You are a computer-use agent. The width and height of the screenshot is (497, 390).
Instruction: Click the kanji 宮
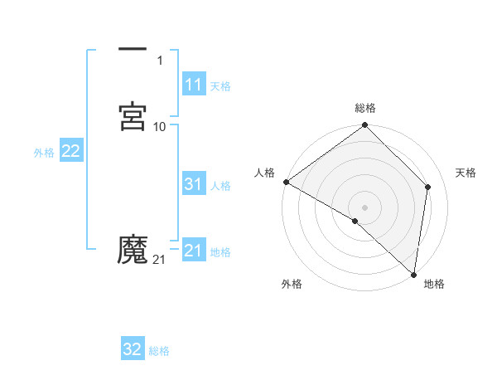[x=133, y=116]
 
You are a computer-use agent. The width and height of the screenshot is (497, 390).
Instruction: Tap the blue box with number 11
[x=193, y=85]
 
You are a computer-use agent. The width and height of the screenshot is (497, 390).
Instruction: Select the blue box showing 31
[x=193, y=184]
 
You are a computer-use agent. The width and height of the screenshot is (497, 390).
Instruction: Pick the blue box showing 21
[x=193, y=251]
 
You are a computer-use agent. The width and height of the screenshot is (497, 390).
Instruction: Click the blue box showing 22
[x=70, y=151]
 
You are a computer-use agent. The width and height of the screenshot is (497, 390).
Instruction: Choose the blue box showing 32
[x=133, y=349]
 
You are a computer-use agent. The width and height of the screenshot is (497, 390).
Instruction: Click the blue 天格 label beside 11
[x=220, y=86]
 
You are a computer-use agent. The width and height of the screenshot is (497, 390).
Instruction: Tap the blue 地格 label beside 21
[x=220, y=252]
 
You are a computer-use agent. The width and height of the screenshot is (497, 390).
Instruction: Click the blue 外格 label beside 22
[x=44, y=153]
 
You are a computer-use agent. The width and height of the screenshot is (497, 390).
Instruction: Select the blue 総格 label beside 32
[x=159, y=351]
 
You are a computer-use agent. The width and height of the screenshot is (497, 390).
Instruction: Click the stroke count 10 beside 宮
[x=160, y=126]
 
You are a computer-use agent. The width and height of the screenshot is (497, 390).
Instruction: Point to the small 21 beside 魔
[x=159, y=260]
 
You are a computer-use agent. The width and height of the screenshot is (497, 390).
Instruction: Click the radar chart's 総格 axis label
[x=365, y=108]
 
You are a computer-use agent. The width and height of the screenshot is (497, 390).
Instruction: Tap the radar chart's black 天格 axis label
[x=466, y=173]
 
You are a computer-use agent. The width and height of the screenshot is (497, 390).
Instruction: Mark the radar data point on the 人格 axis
[x=286, y=182]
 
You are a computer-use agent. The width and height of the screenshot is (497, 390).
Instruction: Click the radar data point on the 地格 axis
[x=413, y=274]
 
